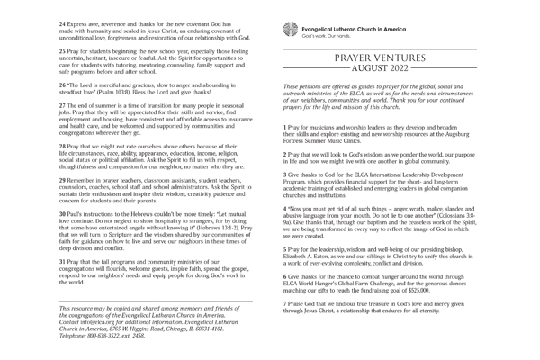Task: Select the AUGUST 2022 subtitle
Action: pos(400,68)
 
